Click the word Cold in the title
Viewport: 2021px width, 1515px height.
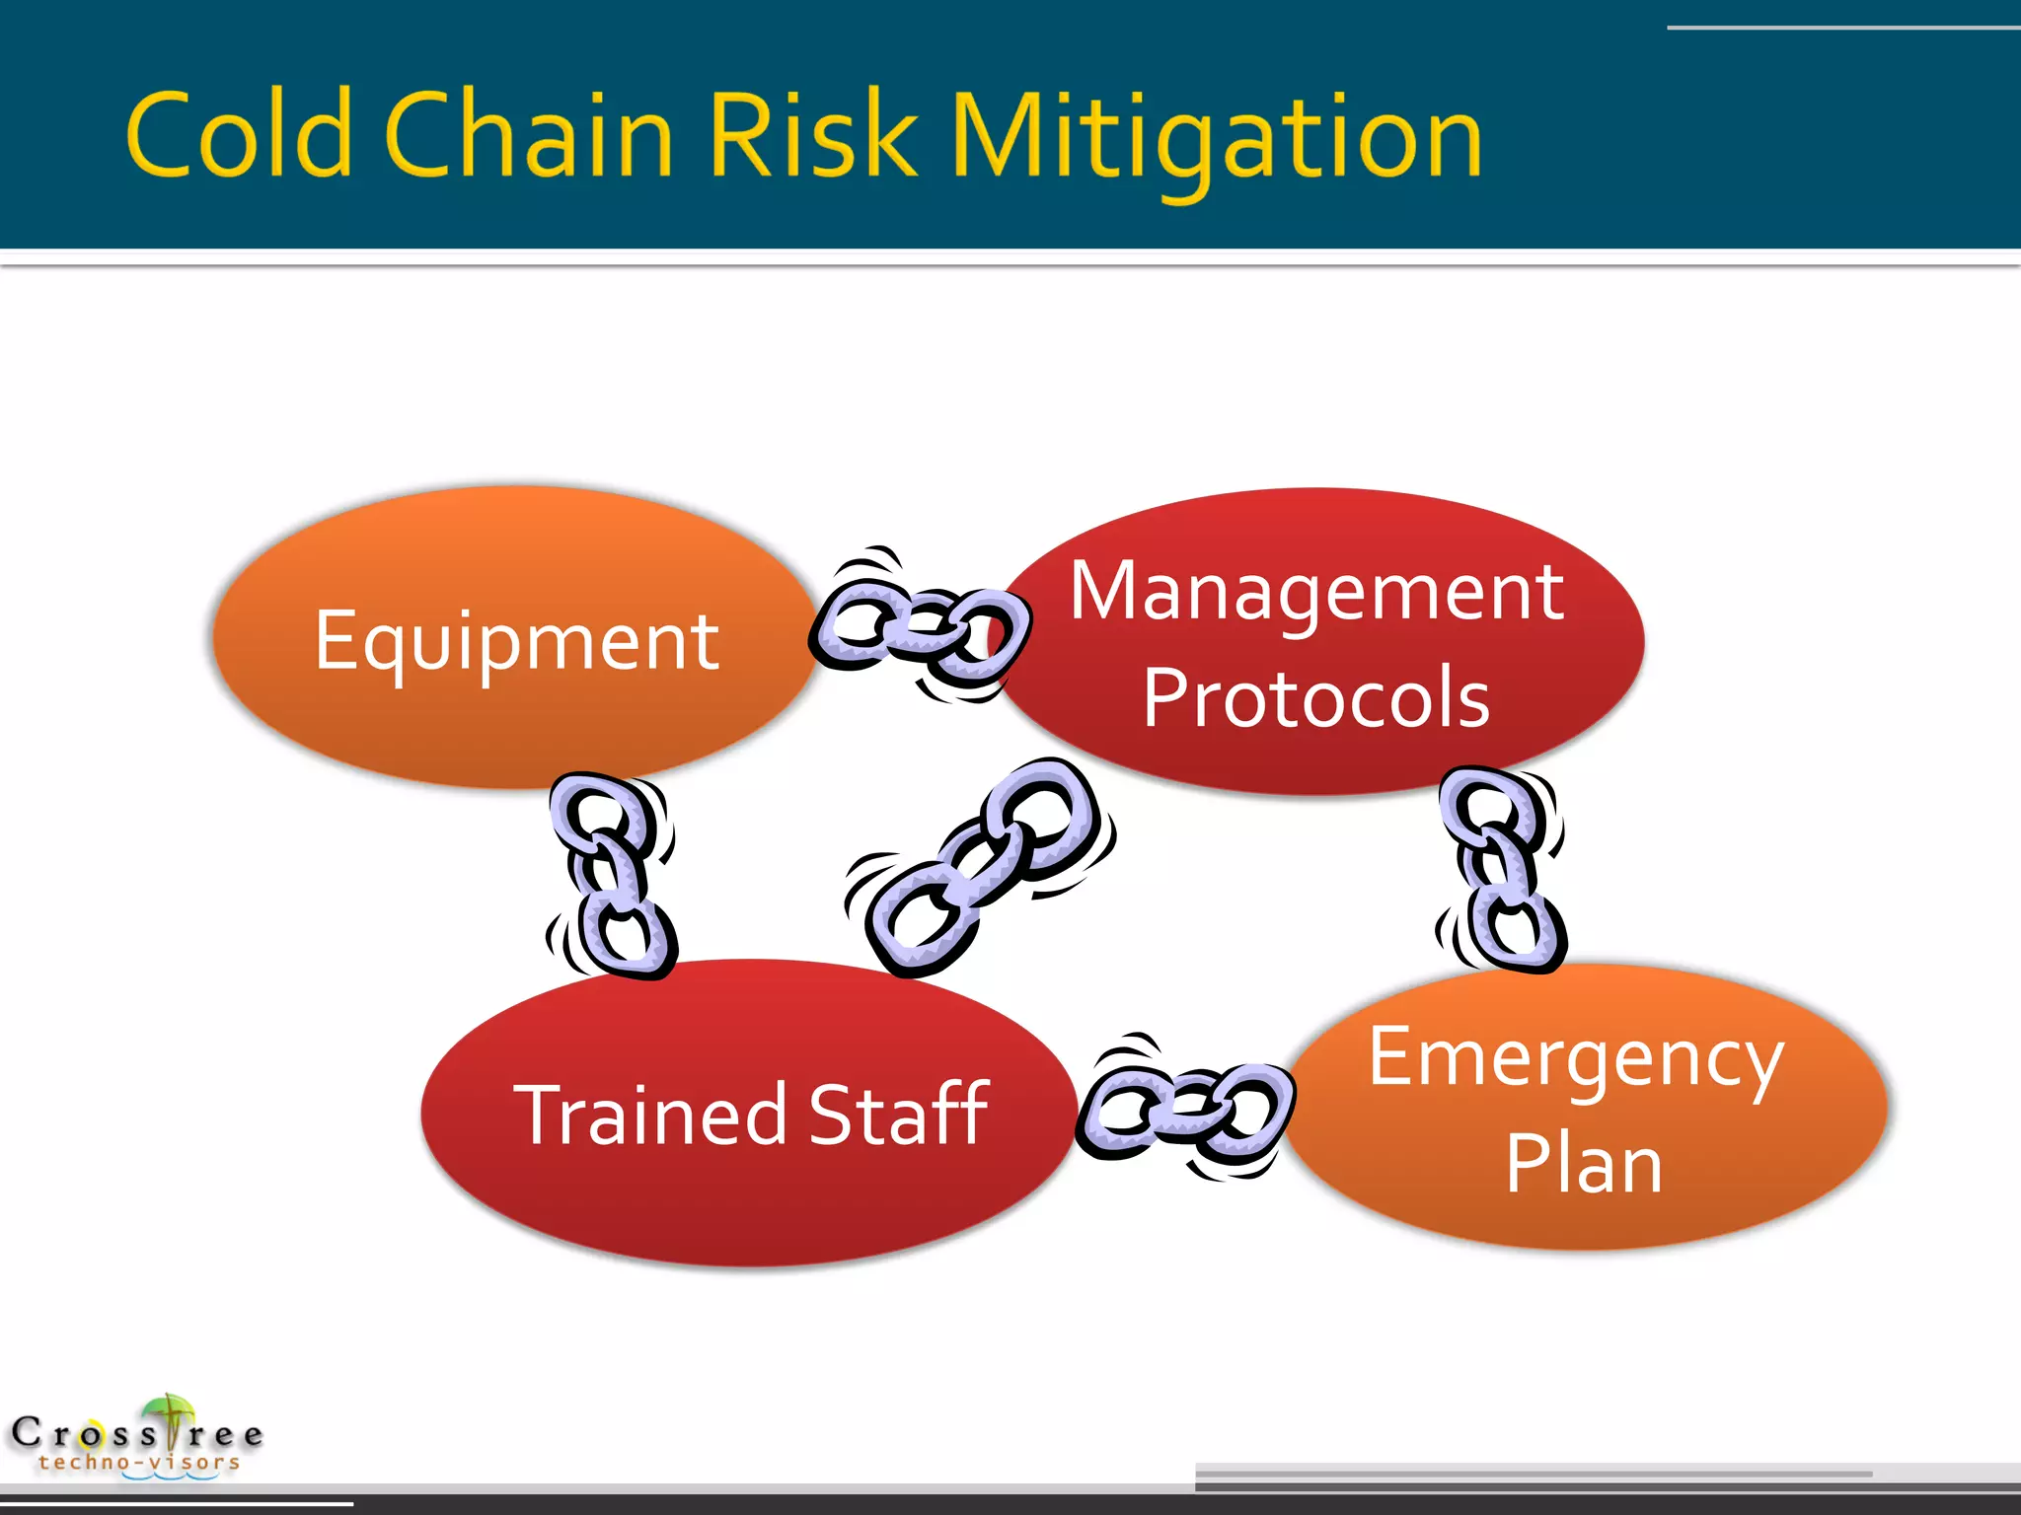coord(239,134)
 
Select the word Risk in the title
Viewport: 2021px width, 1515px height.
coord(811,134)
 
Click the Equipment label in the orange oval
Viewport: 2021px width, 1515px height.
coord(516,641)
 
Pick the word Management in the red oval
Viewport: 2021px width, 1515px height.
coord(1316,592)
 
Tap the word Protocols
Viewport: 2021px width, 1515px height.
coord(1316,698)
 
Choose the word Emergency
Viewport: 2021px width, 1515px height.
coord(1576,1058)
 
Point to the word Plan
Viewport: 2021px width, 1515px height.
coord(1584,1165)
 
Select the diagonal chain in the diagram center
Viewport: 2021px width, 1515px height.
coord(980,868)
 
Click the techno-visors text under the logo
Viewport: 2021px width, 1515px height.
coord(139,1463)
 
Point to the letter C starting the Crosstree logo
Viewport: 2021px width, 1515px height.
coord(27,1432)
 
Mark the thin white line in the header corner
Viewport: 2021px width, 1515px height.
coord(1841,28)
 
